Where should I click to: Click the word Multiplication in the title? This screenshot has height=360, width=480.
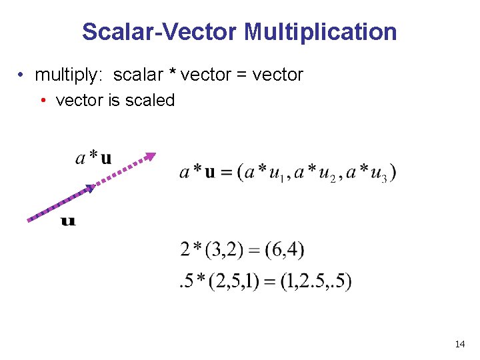321,31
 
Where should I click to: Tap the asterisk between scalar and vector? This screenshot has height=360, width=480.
173,73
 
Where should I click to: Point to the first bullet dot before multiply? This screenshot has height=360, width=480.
22,75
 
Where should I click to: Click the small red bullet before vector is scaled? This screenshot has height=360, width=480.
43,101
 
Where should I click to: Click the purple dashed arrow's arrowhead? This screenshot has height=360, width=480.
151,157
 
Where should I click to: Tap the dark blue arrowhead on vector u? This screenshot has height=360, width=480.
91,189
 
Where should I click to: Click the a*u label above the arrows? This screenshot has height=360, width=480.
93,158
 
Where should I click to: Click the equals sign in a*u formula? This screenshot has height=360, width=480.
226,173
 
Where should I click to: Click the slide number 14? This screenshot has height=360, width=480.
459,344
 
